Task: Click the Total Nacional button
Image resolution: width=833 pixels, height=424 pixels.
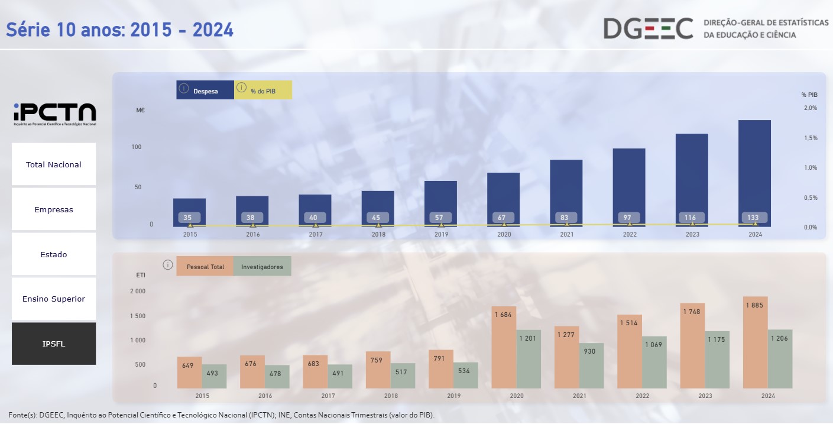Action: coord(54,164)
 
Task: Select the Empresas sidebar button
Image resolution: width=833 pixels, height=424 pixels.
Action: coord(54,209)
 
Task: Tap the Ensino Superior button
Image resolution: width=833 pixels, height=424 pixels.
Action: coord(54,299)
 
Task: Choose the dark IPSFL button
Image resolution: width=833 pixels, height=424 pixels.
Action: coord(54,344)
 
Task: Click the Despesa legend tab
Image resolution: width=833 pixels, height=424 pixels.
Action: coord(205,90)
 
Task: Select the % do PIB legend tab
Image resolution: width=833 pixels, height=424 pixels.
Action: coord(263,90)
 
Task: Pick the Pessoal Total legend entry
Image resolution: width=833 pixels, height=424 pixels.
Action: coord(205,267)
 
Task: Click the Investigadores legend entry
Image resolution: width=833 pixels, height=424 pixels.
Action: coord(262,267)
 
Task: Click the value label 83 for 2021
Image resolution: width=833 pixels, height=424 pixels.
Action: coord(565,218)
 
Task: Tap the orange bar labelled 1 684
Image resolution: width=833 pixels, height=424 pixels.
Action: coord(504,349)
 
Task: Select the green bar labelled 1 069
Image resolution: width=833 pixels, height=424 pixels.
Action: coord(654,364)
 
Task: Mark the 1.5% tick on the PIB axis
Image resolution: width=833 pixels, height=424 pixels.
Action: coord(810,138)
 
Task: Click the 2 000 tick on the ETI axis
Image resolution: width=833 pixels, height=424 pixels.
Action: coord(137,292)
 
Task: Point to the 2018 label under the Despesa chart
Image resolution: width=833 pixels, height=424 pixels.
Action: coord(378,235)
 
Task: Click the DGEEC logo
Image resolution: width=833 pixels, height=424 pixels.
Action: coord(648,28)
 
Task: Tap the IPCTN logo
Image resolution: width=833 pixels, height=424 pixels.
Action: coord(54,113)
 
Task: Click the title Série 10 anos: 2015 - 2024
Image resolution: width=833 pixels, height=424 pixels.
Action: coord(120,30)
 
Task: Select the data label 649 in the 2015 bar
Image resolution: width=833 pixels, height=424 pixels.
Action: coord(188,365)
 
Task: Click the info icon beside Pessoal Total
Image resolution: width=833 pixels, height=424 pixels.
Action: coord(168,265)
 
